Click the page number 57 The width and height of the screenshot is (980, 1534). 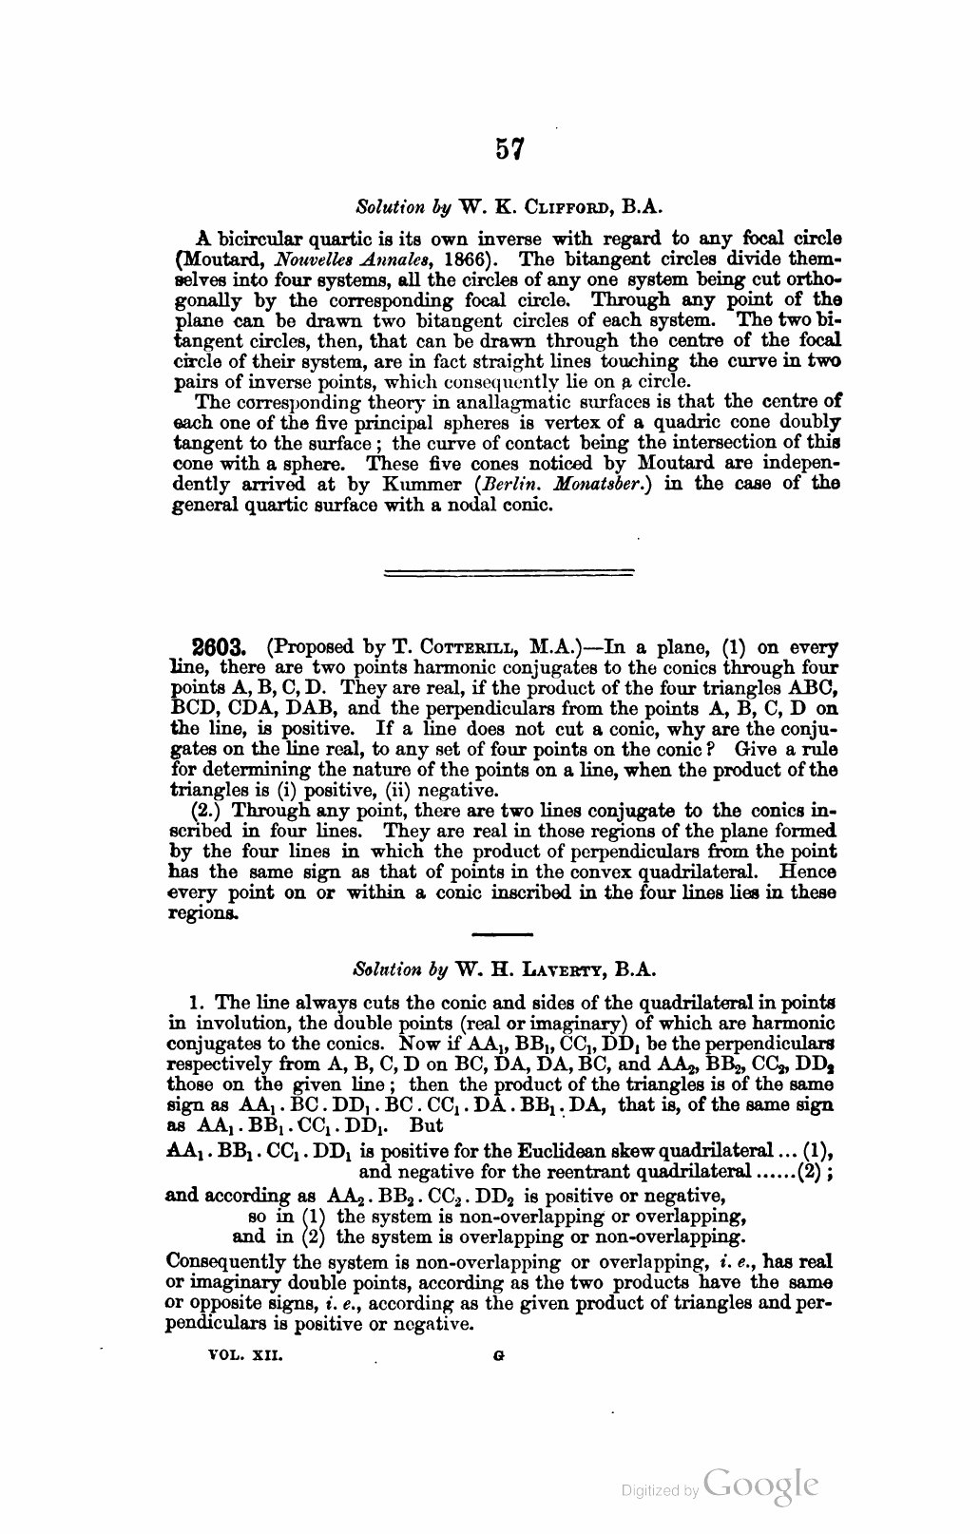point(509,150)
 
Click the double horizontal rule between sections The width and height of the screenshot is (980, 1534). point(509,572)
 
